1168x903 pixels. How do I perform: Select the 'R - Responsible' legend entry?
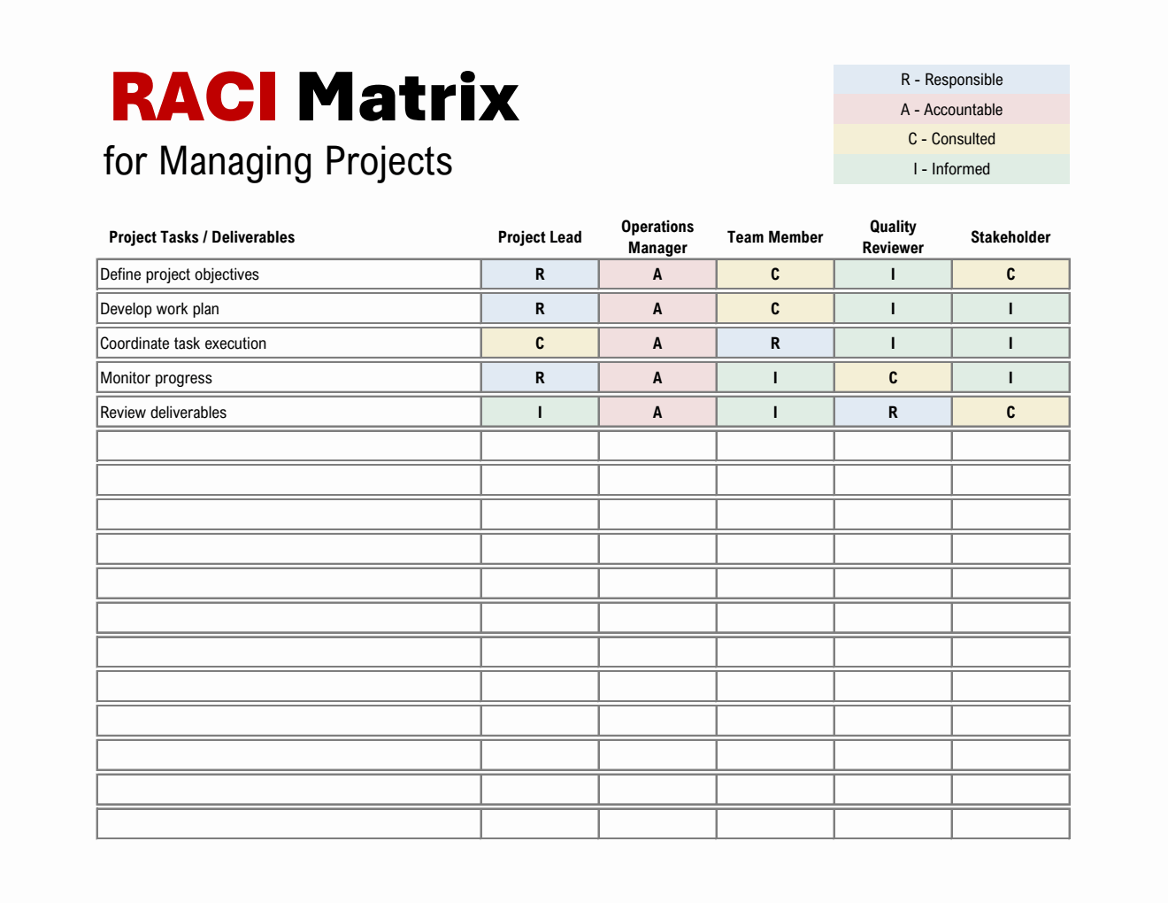point(951,80)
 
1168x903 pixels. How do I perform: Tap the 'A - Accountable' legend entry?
point(951,110)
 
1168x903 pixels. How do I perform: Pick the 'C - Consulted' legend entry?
point(951,139)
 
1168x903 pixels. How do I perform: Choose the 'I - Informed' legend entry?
point(951,169)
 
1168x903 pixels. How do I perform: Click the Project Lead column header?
point(540,237)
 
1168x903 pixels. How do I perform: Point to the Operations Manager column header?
point(657,237)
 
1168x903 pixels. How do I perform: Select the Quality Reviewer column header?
point(893,237)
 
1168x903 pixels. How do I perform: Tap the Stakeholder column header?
point(1010,237)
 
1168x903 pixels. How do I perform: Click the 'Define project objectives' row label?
point(180,274)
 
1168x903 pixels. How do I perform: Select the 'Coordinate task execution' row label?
point(183,343)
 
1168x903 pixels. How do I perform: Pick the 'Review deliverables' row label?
point(164,413)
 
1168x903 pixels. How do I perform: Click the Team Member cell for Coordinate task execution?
point(775,343)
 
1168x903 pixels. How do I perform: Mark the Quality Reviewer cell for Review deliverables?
point(893,413)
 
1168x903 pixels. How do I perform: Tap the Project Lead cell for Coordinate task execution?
point(540,343)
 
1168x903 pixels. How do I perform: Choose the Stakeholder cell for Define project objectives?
point(1010,274)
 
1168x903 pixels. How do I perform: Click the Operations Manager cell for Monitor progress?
point(657,378)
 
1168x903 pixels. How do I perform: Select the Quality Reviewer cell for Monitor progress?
point(893,378)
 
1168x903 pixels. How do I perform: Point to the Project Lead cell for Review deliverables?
point(540,413)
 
